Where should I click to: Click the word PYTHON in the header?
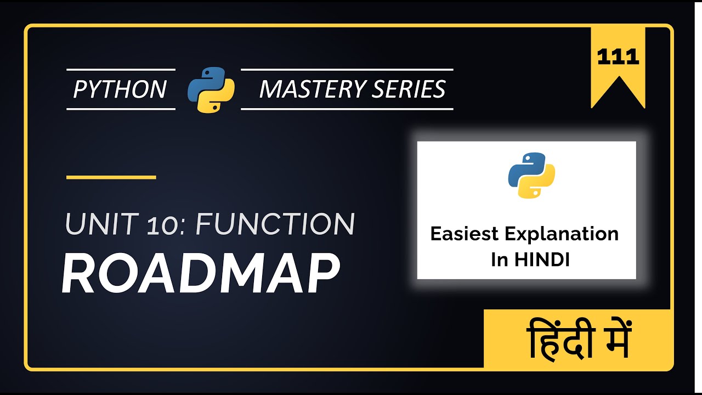point(120,89)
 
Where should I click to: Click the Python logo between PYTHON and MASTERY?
point(211,89)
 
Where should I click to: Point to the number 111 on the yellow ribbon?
point(618,57)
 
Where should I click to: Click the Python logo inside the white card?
point(531,175)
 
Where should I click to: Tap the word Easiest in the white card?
point(464,234)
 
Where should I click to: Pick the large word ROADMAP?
point(200,274)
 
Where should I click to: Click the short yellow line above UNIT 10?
point(111,177)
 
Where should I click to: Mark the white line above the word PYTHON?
point(121,70)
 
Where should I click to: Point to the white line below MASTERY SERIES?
point(347,109)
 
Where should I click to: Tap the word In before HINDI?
point(500,259)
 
